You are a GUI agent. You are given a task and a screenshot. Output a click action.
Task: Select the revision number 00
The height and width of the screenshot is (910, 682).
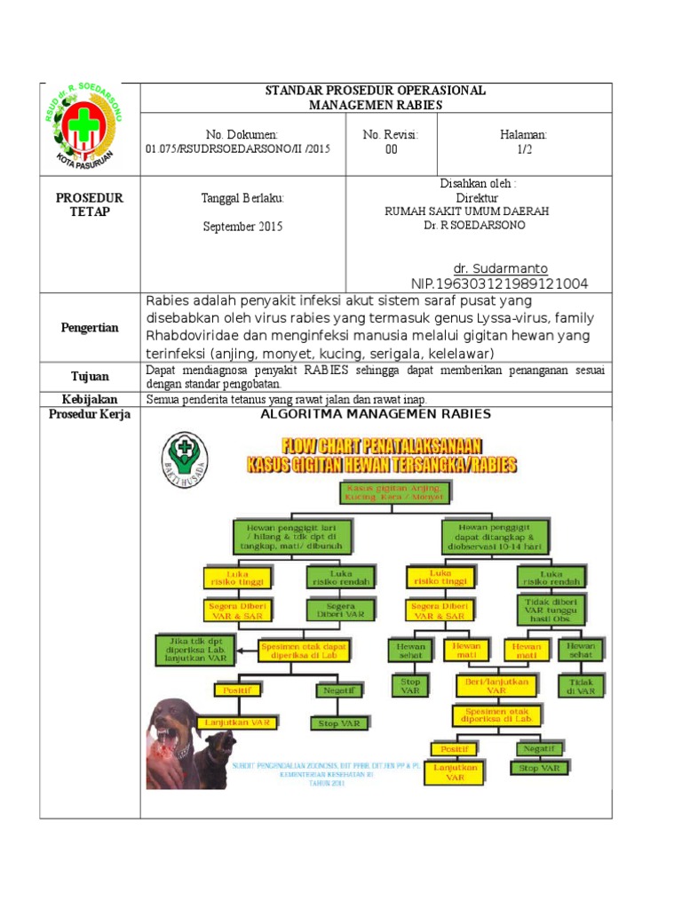coord(391,150)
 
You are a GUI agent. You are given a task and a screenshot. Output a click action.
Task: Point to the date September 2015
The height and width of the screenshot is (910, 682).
coord(242,227)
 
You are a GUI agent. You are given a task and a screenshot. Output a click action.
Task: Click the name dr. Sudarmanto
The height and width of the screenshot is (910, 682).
coord(501,268)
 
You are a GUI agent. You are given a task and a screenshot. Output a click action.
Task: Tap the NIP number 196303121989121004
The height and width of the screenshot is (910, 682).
coord(499,283)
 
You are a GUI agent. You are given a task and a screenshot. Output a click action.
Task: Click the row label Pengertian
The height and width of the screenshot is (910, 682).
coord(90,328)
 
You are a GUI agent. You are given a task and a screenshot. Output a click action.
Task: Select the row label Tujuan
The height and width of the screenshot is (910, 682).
coord(90,377)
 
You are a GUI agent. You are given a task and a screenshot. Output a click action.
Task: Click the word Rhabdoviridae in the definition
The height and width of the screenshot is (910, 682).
coord(192,335)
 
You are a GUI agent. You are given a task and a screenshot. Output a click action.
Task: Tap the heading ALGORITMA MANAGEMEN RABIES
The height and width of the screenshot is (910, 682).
coord(377,414)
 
